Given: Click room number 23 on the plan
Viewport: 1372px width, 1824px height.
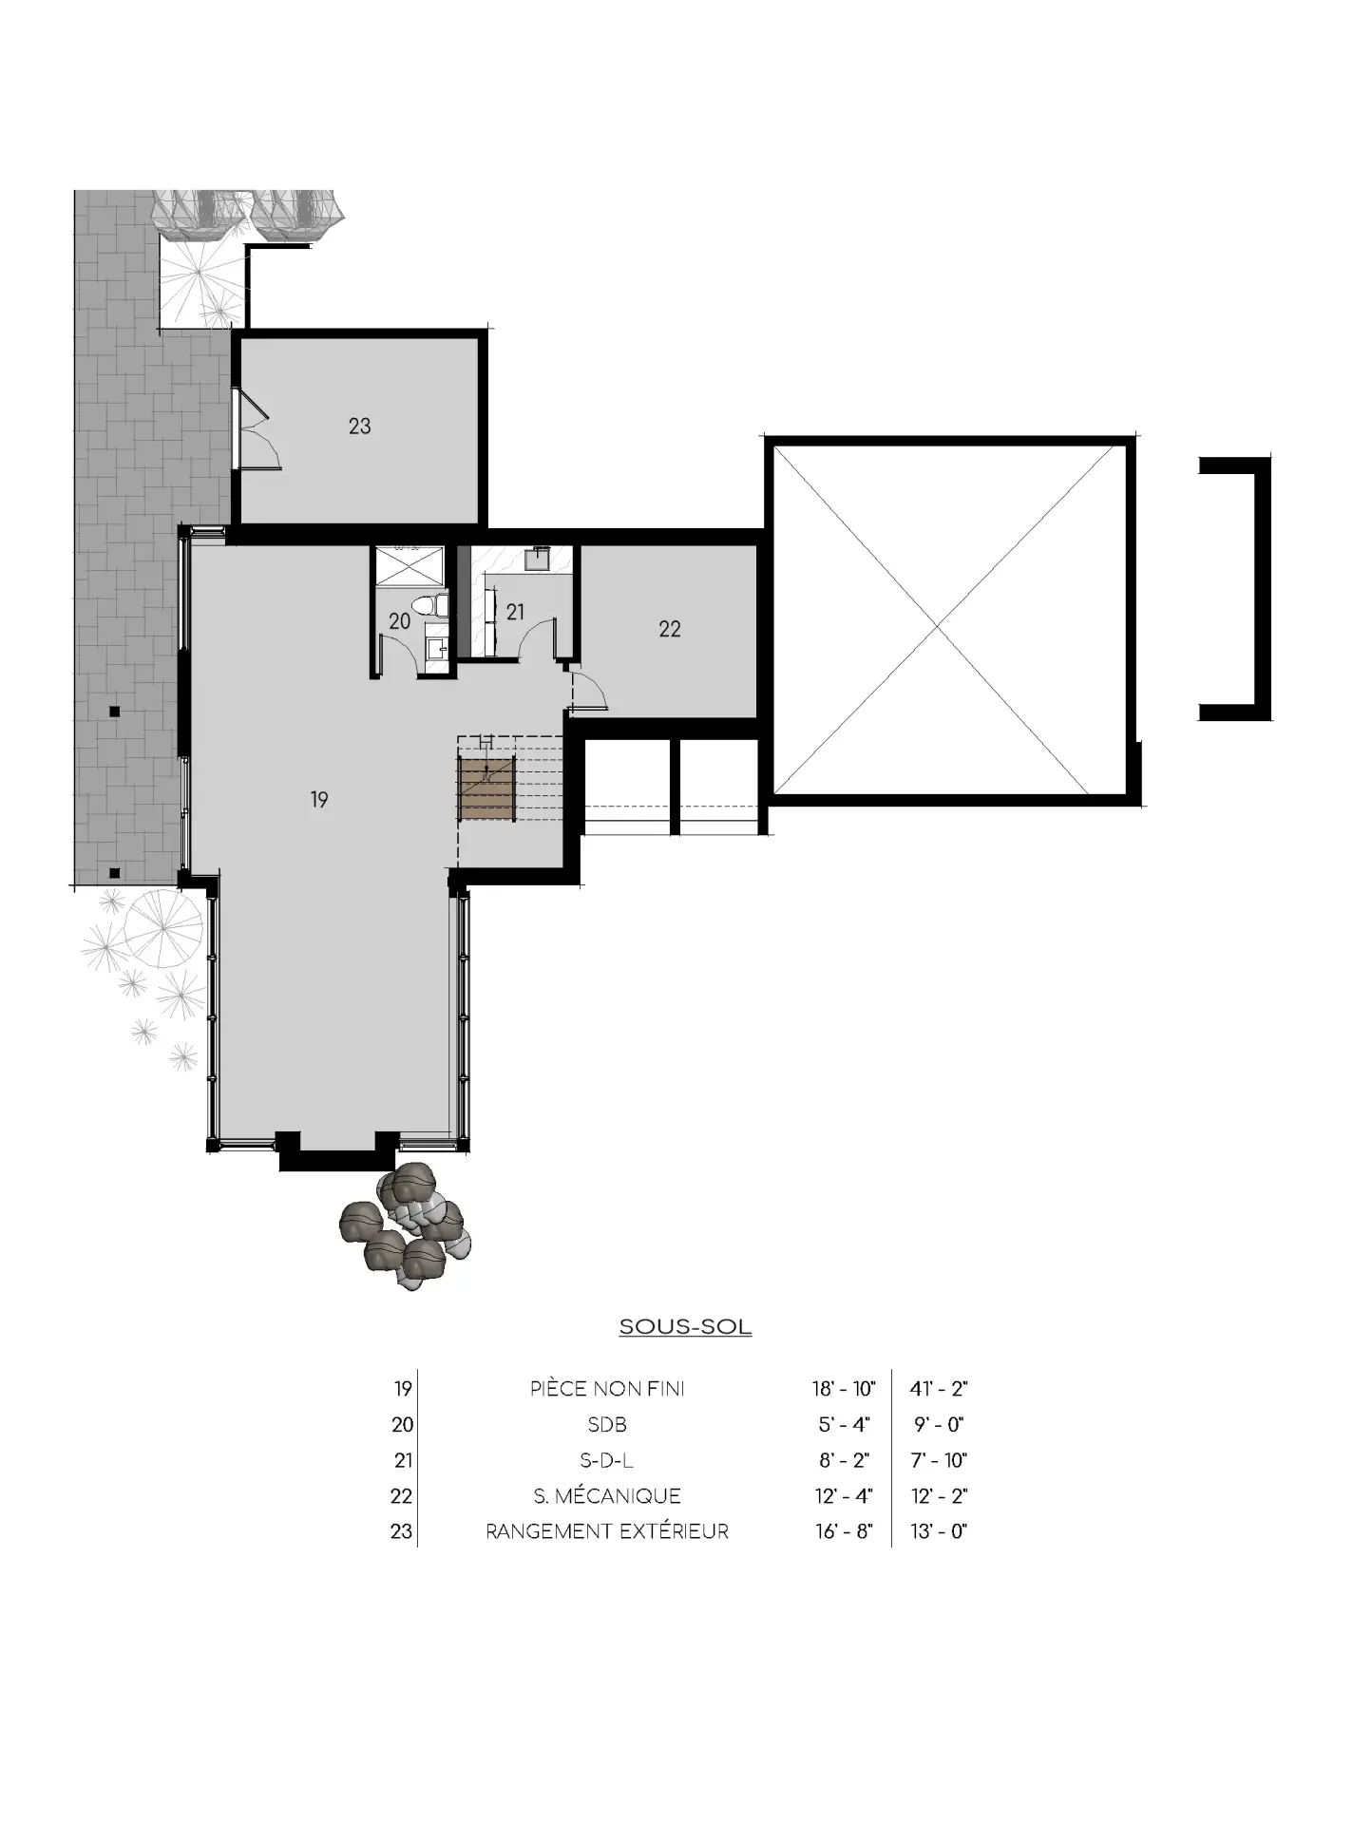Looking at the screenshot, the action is (x=359, y=427).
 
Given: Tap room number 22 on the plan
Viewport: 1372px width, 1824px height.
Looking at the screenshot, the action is (x=670, y=629).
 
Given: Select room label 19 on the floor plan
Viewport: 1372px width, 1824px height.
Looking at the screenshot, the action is (x=319, y=800).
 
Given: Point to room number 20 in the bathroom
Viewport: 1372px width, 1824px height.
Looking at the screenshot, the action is (x=399, y=621).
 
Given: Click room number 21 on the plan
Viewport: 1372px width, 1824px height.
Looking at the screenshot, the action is (x=515, y=613).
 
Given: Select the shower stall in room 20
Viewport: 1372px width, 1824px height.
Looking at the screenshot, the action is (x=410, y=567).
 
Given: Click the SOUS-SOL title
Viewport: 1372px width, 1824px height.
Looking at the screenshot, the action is (x=685, y=1327).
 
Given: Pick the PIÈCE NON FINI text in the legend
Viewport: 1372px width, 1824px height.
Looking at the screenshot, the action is (x=607, y=1389).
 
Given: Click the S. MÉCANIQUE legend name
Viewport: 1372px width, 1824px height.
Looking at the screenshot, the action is (x=607, y=1496).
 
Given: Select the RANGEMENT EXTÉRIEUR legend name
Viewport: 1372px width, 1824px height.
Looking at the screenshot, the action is (x=607, y=1531).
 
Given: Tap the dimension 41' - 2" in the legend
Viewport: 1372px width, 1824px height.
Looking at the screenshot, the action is (x=939, y=1389).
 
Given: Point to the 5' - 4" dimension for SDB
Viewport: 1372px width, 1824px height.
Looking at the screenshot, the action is (x=844, y=1425).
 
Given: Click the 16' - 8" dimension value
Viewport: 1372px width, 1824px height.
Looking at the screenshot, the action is (x=844, y=1531).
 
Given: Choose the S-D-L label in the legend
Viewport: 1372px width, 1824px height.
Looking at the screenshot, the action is (x=607, y=1460).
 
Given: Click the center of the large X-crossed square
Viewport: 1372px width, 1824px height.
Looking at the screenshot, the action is (x=938, y=626).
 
